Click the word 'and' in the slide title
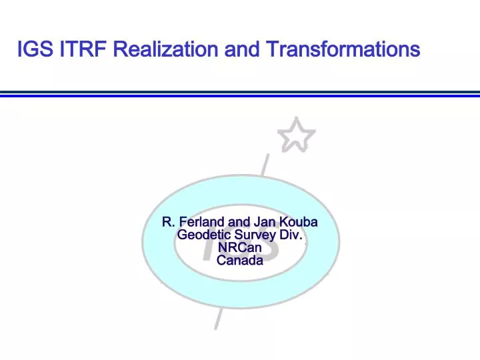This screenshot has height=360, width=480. [242, 49]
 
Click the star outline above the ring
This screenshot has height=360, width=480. [296, 136]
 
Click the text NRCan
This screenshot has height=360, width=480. [240, 247]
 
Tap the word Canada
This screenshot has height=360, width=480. [240, 260]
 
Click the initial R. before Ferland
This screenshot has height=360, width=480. [169, 222]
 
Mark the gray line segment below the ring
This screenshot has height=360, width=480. [217, 319]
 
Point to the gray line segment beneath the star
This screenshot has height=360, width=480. [265, 165]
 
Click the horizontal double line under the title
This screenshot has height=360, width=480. [240, 94]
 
